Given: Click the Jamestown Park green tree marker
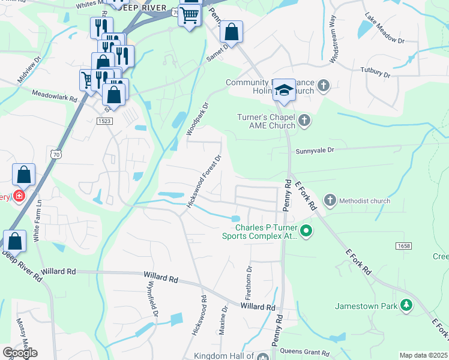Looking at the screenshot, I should [407, 306].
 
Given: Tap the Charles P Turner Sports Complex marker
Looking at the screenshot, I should [306, 230].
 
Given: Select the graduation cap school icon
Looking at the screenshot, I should [284, 91].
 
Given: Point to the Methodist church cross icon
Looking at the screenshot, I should [330, 200].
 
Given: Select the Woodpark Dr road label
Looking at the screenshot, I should [197, 119].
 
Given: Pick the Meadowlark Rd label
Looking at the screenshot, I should [55, 95].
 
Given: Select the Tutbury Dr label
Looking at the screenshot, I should [375, 73].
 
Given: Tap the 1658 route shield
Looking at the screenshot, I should [403, 247].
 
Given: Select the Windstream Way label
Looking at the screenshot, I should [331, 44].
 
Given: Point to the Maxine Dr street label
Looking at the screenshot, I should [223, 322].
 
